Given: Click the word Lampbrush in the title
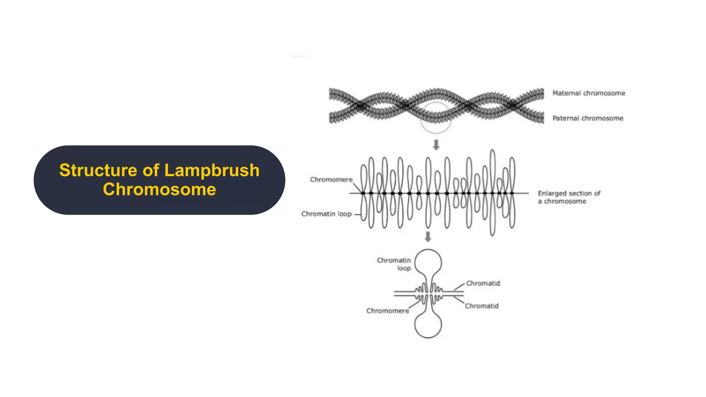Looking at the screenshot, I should pos(212,170).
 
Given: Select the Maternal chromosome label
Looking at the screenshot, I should pos(588,93).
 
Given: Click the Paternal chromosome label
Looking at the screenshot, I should pos(588,118).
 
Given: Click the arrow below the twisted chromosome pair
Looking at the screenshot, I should pos(436,145).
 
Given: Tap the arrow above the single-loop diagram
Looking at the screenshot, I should pos(428,237).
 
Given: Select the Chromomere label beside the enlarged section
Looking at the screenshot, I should pos(331,180).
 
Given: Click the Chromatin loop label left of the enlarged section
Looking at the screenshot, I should pos(326,214).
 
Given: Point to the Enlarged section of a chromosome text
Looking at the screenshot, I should pos(569,197).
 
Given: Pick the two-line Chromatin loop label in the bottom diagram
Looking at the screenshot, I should pos(394,264).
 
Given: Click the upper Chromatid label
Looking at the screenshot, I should pos(483,283).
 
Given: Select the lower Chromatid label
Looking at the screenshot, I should pos(482,306).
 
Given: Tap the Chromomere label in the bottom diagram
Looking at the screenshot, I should pos(387,311).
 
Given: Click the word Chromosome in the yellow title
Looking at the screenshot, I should pos(159,190).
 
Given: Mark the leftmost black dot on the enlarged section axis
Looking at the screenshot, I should pos(363,193).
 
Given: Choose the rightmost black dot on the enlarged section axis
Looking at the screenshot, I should pos(512,193).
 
